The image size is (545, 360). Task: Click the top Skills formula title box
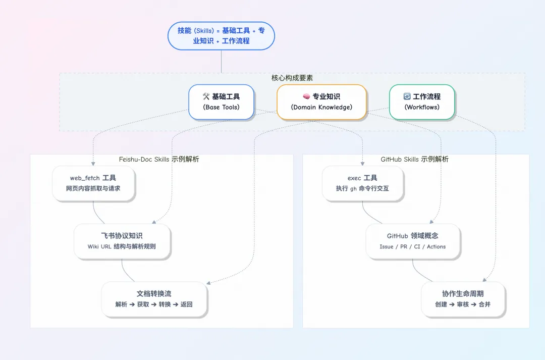click(x=221, y=35)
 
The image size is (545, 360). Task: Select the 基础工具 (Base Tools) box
click(x=221, y=101)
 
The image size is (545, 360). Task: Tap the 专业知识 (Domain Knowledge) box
click(x=321, y=101)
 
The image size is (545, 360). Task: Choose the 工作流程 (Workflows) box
click(x=422, y=101)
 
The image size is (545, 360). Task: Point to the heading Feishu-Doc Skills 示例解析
click(x=159, y=159)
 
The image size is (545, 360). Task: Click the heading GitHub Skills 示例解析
click(x=414, y=159)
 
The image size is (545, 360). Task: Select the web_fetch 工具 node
click(x=93, y=183)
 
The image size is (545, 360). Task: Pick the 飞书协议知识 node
click(x=122, y=241)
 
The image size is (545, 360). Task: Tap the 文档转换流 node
click(x=154, y=299)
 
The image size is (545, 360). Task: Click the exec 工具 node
click(x=362, y=183)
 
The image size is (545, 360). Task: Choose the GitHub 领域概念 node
click(x=413, y=241)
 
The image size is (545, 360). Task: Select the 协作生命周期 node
click(x=463, y=299)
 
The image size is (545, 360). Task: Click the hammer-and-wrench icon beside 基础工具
click(x=206, y=96)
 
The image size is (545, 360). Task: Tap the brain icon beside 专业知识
click(x=306, y=96)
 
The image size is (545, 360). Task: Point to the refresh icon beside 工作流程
click(x=407, y=96)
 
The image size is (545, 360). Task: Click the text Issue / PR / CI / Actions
click(x=413, y=247)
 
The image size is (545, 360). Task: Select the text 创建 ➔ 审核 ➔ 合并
click(x=463, y=304)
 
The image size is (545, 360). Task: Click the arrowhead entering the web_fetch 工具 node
click(x=93, y=164)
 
